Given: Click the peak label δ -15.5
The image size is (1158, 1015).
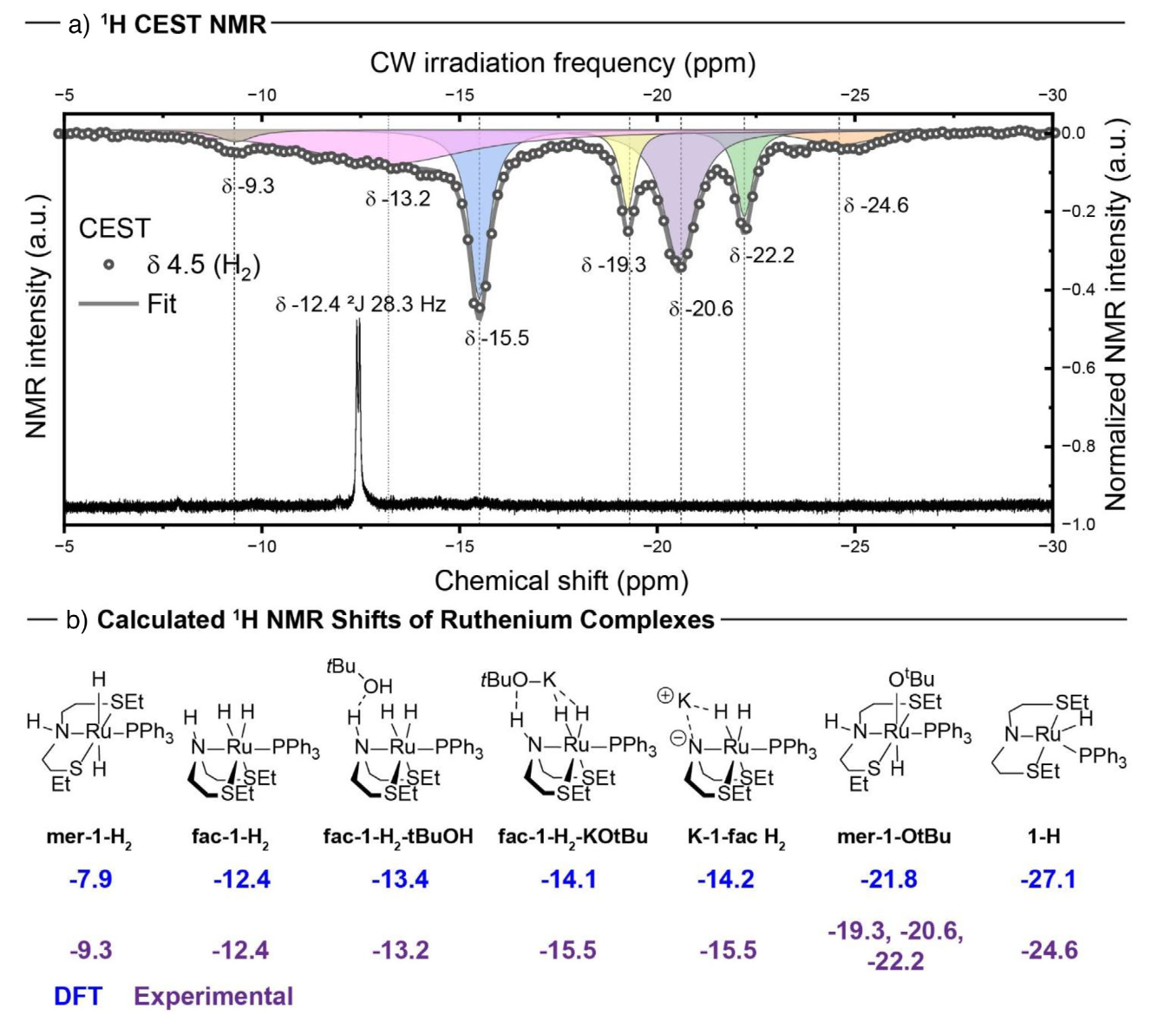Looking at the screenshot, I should [x=496, y=338].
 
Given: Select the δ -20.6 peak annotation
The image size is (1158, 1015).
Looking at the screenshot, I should [x=701, y=309].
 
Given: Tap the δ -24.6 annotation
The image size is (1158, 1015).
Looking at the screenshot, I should [x=876, y=206].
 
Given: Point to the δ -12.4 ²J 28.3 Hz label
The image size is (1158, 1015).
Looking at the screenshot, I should [x=361, y=304].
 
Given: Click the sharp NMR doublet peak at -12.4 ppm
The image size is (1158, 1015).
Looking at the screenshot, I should [x=357, y=408].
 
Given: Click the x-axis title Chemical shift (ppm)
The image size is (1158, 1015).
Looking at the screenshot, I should [x=561, y=580].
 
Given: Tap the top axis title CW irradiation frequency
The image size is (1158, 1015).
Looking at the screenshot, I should [x=562, y=63].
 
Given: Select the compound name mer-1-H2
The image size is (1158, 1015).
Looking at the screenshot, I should [x=89, y=837].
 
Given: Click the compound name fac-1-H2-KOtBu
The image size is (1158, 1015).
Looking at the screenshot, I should [x=572, y=837].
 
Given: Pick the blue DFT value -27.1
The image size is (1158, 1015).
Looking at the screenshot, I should [x=1048, y=880].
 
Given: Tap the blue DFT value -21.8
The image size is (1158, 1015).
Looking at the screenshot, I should [x=888, y=880].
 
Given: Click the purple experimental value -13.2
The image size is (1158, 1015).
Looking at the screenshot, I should [x=400, y=950].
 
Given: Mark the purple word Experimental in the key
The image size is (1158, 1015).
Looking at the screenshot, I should [x=213, y=997].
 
